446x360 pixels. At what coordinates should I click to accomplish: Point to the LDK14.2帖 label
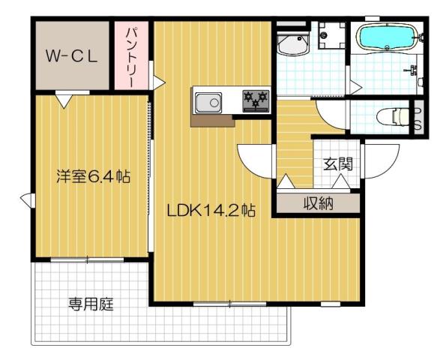[211, 210]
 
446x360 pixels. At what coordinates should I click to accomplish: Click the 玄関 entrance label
[338, 165]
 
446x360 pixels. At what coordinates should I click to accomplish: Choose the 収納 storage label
[319, 202]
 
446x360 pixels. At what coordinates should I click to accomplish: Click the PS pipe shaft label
[417, 118]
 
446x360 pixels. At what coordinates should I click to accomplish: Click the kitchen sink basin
[208, 100]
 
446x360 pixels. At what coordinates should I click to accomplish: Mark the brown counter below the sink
[213, 120]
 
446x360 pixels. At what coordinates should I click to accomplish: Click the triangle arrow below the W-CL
[64, 97]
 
